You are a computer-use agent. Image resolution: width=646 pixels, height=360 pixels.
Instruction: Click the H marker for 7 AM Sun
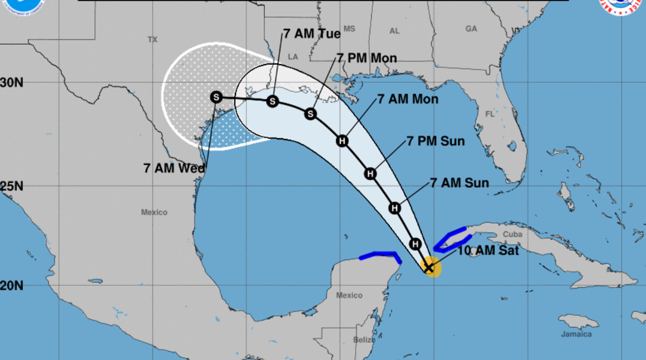pyautogui.click(x=395, y=208)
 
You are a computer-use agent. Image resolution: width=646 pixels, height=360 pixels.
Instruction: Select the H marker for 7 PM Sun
pyautogui.click(x=370, y=173)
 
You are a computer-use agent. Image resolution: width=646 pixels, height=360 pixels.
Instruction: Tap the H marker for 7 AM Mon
pyautogui.click(x=342, y=141)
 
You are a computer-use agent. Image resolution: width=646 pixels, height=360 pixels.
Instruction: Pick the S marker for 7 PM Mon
pyautogui.click(x=310, y=114)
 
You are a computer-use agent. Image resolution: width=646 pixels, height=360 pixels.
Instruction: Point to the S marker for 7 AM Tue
pyautogui.click(x=273, y=101)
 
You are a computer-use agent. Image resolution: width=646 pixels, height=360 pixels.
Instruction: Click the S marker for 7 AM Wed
pyautogui.click(x=216, y=97)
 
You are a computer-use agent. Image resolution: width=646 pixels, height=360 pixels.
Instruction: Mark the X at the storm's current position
pyautogui.click(x=429, y=266)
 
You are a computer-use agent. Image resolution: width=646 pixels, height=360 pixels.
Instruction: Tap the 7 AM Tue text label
pyautogui.click(x=312, y=33)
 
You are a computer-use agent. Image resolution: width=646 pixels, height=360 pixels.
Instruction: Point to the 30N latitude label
pyautogui.click(x=11, y=82)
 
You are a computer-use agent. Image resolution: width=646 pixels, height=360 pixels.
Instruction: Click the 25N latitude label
pyautogui.click(x=11, y=186)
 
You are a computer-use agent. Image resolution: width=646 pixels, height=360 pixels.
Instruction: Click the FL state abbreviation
pyautogui.click(x=489, y=114)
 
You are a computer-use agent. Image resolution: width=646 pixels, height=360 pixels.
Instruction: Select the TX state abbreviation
pyautogui.click(x=152, y=39)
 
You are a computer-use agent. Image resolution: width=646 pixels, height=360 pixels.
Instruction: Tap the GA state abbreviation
pyautogui.click(x=472, y=29)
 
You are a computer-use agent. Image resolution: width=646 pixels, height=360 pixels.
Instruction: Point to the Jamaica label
pyautogui.click(x=577, y=334)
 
